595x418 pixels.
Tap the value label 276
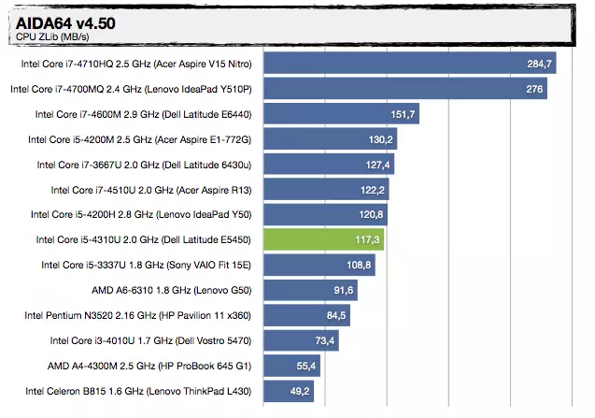[x=535, y=89]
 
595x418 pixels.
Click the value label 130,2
[x=382, y=139]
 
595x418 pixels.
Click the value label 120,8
[x=372, y=215]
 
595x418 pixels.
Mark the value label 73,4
[x=326, y=340]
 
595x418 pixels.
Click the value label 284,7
[x=541, y=64]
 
